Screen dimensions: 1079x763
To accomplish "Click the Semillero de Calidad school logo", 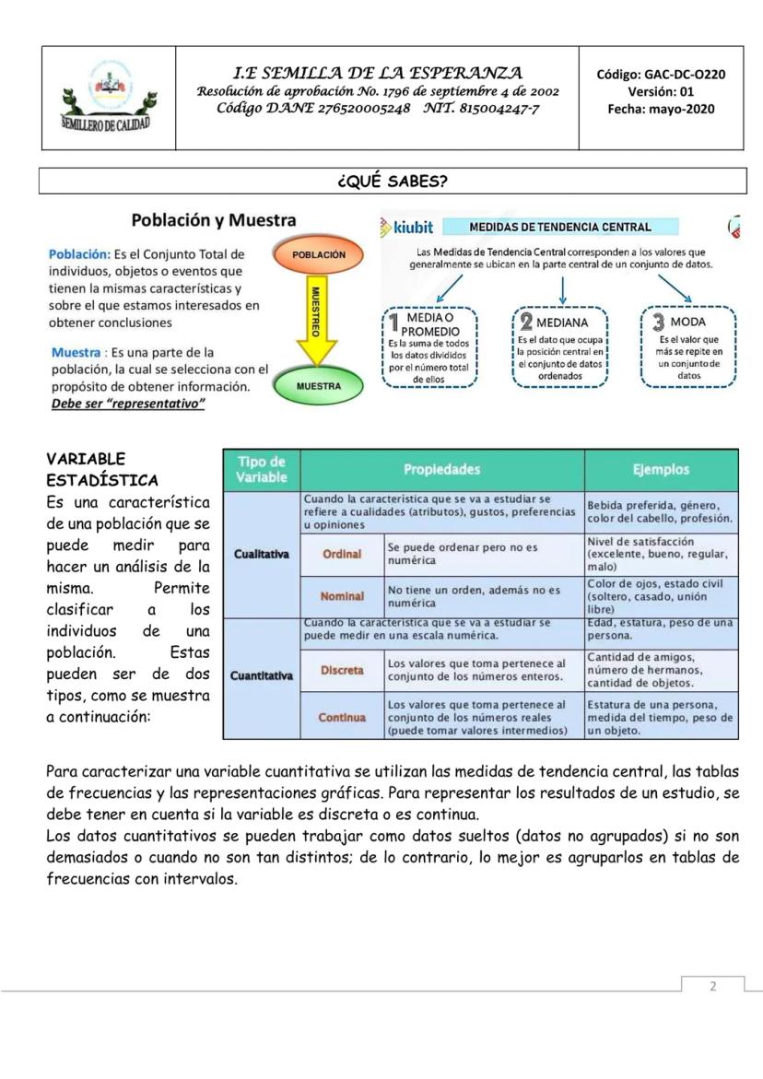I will click(x=107, y=98).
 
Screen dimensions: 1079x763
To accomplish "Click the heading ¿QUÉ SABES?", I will click(x=393, y=181).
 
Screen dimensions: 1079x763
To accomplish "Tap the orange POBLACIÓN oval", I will click(x=318, y=253).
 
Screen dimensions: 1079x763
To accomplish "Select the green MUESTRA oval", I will click(x=318, y=386).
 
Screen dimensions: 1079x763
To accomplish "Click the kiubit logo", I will click(x=406, y=228).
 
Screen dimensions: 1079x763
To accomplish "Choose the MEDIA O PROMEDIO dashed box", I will click(x=428, y=346).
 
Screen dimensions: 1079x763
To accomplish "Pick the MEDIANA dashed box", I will click(x=561, y=346).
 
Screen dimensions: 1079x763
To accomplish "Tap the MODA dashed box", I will click(x=688, y=346).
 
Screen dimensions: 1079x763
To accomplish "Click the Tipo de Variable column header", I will click(x=262, y=470).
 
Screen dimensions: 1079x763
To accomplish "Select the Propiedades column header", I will click(x=441, y=470).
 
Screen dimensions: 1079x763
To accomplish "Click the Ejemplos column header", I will click(x=661, y=470).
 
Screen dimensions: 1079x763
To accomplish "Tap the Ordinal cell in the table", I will click(x=342, y=554).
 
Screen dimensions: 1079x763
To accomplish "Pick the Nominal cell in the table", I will click(x=342, y=596).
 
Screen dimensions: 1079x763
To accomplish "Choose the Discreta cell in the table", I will click(x=342, y=670).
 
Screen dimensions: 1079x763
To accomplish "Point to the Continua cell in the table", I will click(x=342, y=717).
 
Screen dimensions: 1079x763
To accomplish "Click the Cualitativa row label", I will click(x=262, y=554).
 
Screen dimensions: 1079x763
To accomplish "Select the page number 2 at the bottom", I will click(x=712, y=986).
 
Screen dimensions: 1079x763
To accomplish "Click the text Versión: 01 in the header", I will click(x=661, y=91).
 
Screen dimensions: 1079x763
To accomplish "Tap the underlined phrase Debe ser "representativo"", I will click(x=127, y=405).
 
